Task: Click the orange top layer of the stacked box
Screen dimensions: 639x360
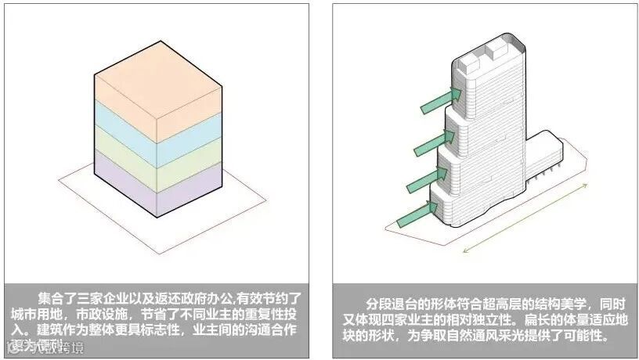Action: coord(157,90)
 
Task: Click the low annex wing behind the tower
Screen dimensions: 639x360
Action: coord(545,160)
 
